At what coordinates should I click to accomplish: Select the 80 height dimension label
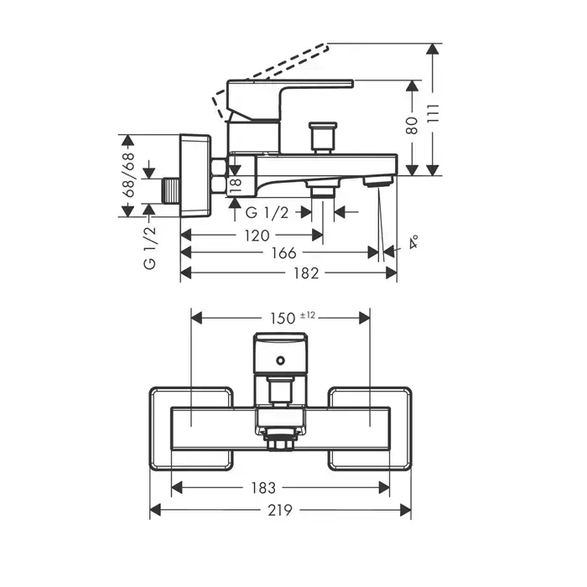411,126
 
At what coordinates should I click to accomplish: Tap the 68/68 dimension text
129,174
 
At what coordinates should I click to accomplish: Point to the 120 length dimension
257,235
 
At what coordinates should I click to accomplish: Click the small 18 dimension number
236,185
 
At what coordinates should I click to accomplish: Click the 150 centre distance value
283,317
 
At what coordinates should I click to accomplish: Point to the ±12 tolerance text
307,314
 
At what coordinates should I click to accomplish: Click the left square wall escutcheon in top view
191,428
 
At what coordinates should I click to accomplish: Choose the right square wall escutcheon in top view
369,428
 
